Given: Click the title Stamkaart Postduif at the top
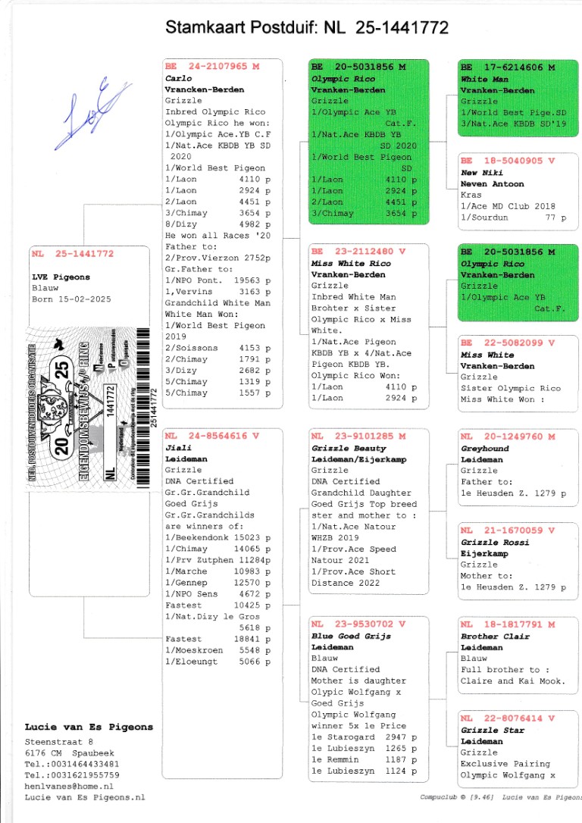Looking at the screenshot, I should point(307,29).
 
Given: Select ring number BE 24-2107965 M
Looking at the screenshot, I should point(211,67).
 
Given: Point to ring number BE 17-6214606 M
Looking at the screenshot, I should point(508,67).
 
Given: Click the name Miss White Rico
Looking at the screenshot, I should point(351,263).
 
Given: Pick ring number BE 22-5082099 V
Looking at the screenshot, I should point(508,343).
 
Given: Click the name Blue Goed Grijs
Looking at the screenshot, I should point(351,636).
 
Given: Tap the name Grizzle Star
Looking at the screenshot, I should point(490,730).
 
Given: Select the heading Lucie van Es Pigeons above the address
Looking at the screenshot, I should point(89,727).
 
